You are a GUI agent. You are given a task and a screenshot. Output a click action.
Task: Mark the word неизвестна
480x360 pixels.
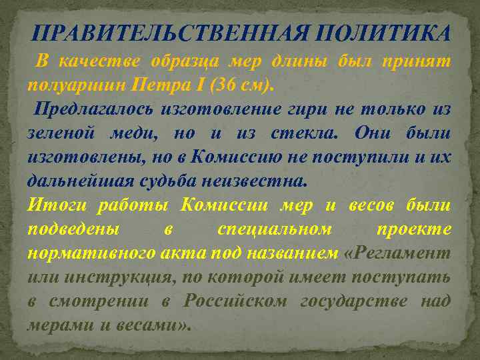[265, 181]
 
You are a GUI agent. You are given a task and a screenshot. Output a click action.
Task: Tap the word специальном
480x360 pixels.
[273, 229]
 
